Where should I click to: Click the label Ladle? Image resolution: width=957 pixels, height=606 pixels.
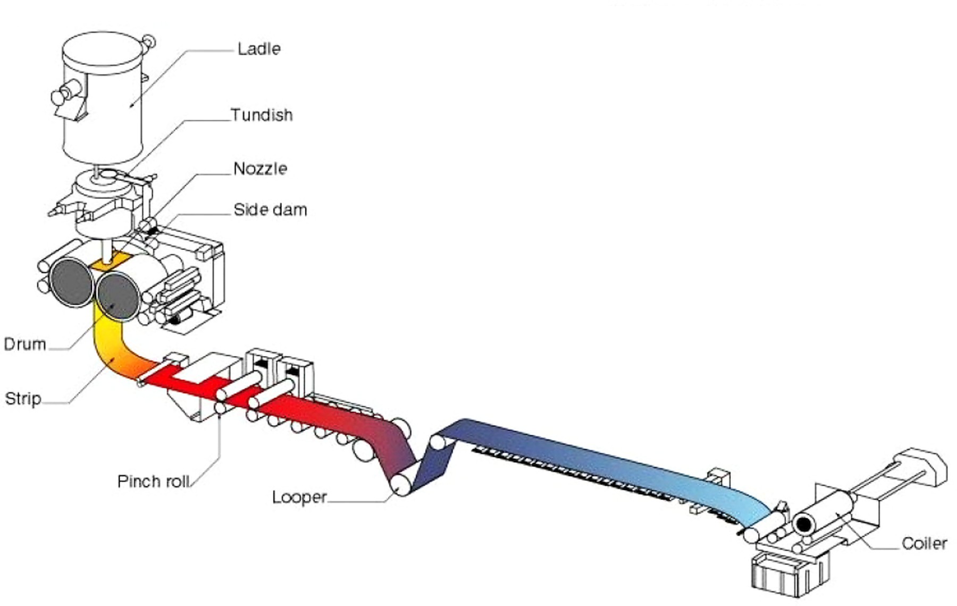258,49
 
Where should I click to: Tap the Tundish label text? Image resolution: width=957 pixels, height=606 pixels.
261,115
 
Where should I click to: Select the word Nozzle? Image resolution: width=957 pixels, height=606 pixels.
260,169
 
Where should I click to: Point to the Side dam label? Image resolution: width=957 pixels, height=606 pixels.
270,210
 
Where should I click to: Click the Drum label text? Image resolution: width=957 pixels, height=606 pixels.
24,344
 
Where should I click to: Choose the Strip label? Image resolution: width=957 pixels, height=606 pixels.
23,399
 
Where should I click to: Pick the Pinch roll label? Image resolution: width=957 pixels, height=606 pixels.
153,482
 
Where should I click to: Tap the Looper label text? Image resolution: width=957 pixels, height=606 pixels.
299,498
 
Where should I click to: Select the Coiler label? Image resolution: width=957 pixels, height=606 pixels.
924,543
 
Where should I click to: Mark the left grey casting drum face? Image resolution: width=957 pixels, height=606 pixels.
71,282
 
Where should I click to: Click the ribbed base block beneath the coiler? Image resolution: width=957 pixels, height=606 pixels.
787,574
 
